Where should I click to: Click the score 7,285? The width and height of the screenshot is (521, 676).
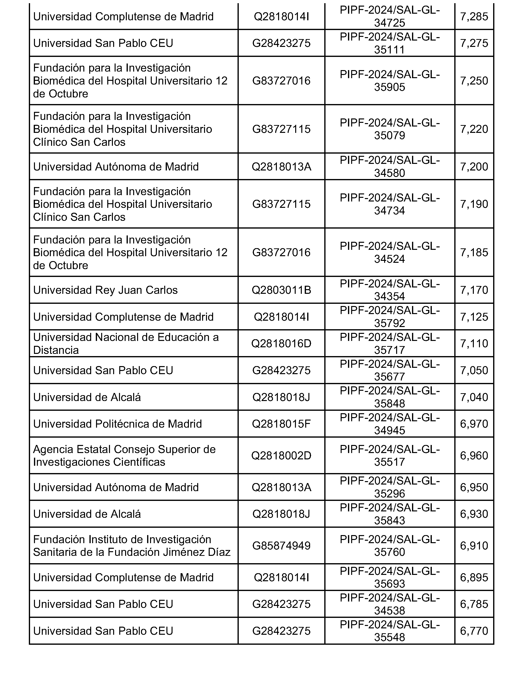474,16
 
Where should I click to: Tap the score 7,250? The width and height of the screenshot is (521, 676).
474,81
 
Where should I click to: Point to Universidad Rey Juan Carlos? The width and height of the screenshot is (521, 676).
105,290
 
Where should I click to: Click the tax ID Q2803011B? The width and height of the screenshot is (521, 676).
281,290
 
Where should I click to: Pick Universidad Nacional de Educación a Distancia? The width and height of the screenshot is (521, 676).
126,344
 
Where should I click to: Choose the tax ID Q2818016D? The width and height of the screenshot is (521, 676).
281,344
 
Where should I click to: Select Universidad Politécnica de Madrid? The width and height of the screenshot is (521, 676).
117,424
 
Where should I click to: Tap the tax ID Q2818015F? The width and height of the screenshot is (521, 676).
281,424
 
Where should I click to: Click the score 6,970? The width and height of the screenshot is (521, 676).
474,424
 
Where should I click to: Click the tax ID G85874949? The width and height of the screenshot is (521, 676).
281,546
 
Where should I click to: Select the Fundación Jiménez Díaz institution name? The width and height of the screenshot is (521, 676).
132,546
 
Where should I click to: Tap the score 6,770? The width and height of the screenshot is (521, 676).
474,631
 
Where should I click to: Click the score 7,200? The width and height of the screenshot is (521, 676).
474,167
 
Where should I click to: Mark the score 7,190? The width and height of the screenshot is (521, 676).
474,204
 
